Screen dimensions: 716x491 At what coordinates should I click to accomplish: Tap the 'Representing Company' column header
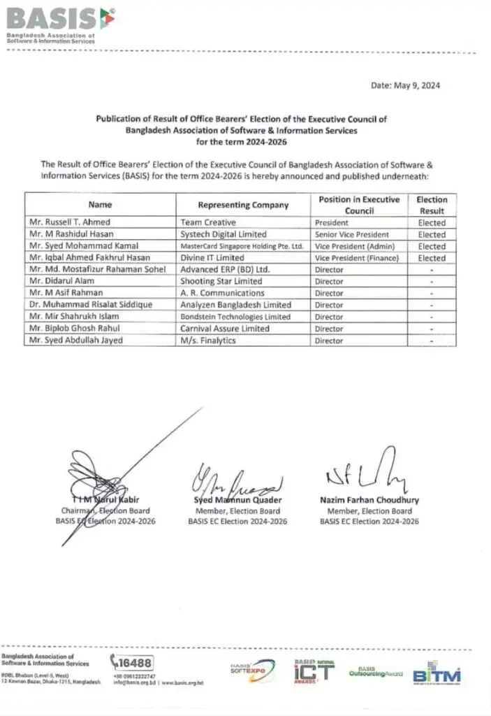click(x=242, y=205)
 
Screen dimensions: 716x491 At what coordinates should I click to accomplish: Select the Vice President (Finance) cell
click(x=356, y=258)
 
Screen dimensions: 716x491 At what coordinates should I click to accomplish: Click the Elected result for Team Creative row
click(x=431, y=223)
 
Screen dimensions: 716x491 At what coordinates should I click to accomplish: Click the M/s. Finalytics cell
click(x=208, y=341)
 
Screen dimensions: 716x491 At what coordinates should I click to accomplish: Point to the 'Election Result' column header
click(x=431, y=205)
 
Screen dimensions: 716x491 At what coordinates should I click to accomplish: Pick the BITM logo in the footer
click(x=437, y=675)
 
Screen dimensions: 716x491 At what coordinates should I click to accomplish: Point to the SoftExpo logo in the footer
click(x=247, y=669)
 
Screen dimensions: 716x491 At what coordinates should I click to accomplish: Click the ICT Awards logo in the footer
click(x=314, y=671)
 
